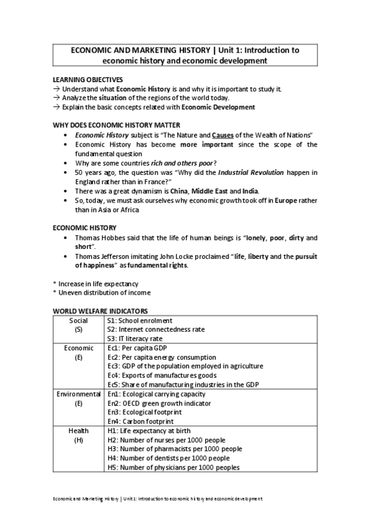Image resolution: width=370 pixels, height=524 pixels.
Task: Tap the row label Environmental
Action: pyautogui.click(x=78, y=394)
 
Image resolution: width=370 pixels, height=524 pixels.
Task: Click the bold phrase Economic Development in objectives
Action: pyautogui.click(x=214, y=107)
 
